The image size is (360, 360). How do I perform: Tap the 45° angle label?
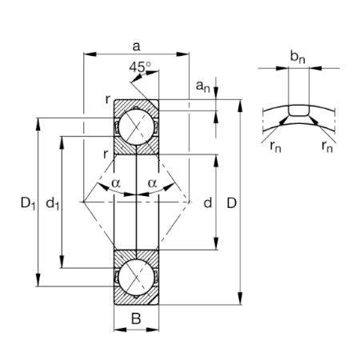tap(138, 67)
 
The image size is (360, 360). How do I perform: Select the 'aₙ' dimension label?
tap(204, 84)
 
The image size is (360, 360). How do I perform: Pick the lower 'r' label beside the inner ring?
tap(106, 152)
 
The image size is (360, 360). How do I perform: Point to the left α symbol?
tap(117, 184)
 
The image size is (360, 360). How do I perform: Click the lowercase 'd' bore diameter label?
tap(207, 203)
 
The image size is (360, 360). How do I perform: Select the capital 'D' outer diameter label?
tap(232, 203)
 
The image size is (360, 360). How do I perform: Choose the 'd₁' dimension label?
tap(54, 205)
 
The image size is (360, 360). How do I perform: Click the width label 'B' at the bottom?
tap(136, 319)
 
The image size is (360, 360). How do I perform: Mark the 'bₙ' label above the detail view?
tap(298, 56)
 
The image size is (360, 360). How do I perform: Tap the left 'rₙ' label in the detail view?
tap(275, 146)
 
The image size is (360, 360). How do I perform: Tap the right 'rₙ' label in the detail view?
tap(326, 146)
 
